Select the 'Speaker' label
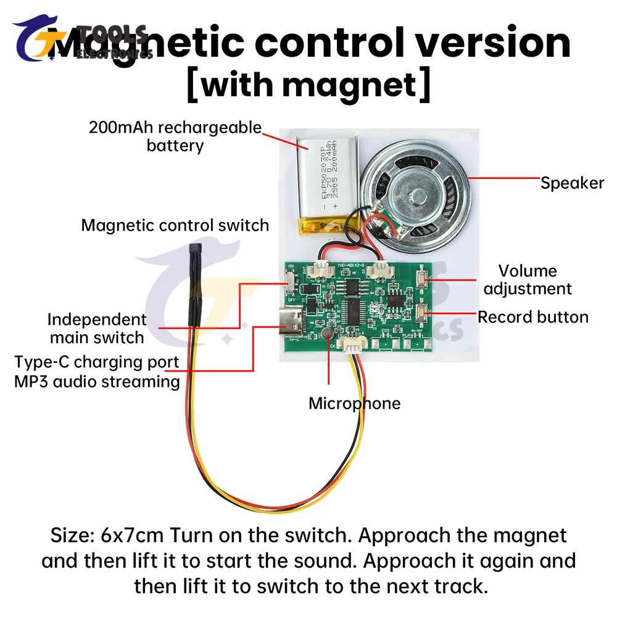572,183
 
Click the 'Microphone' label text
354,404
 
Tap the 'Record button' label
533,317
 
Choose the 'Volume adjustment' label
528,280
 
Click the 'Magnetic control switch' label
175,225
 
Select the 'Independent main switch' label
97,328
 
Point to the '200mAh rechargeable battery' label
175,136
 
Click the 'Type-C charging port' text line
97,362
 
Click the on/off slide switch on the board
290,285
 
